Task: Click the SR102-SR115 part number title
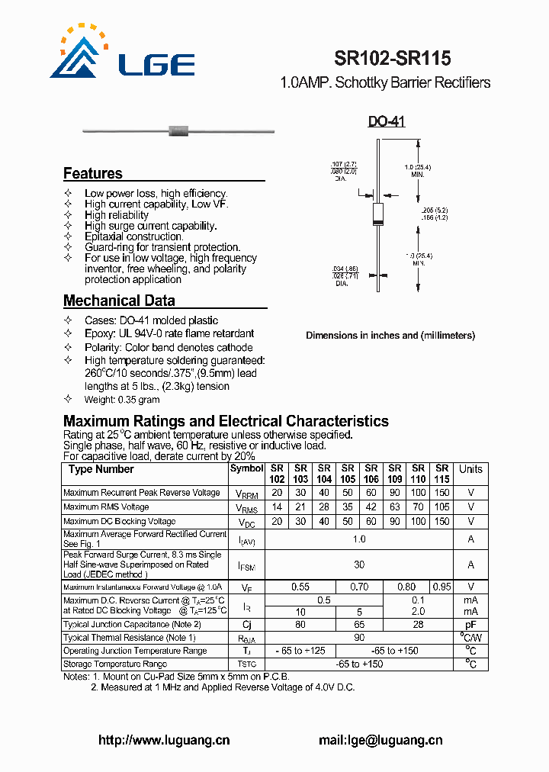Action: coord(392,58)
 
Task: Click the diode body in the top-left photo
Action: coord(178,131)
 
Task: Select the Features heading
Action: coord(92,173)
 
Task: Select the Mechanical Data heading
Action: coord(119,301)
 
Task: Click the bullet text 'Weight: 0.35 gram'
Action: coord(122,400)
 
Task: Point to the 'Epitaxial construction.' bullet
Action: coord(133,236)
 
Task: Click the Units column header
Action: coord(470,469)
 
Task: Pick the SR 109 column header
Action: coord(394,474)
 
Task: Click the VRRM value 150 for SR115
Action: coord(441,493)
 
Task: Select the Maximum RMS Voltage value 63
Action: coord(394,507)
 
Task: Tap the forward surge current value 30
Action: coord(359,565)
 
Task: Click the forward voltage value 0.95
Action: coord(441,587)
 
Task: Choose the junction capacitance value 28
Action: coord(418,625)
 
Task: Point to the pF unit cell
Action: coord(470,625)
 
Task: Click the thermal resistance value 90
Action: coord(359,638)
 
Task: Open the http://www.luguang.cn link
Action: coord(164,740)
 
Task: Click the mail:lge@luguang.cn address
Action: coord(380,740)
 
